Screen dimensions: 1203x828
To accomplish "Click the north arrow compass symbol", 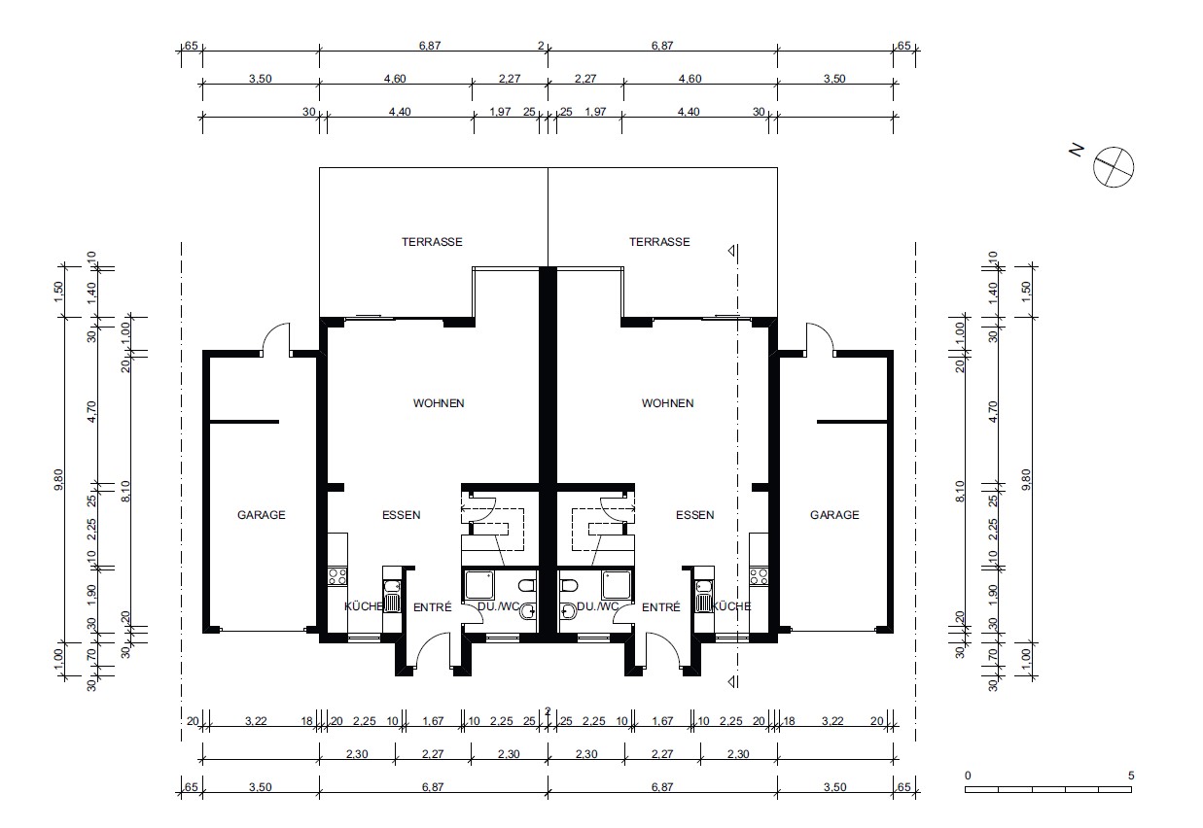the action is point(1114,167).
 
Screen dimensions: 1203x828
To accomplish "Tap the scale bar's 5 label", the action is point(1131,776).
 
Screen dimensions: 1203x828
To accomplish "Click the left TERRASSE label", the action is point(432,242).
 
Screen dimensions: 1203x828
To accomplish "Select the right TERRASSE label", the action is point(659,242).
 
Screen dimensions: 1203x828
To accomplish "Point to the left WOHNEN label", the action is point(439,403).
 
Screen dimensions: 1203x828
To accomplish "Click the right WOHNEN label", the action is point(667,403).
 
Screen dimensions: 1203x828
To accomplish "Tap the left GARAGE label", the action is point(261,515).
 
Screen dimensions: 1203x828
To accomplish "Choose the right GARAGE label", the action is point(834,515).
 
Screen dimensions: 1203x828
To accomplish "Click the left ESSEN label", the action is point(402,515).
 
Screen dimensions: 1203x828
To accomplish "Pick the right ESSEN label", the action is point(695,515).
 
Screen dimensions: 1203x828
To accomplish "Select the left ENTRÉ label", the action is point(433,607).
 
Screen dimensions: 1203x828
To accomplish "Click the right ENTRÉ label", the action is point(661,607).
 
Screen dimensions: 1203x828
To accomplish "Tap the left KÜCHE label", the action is point(364,606).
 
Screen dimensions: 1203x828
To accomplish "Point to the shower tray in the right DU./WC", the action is point(616,585).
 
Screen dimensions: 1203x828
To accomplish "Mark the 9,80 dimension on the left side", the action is point(58,479).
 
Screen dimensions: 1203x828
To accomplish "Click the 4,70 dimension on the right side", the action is point(993,412).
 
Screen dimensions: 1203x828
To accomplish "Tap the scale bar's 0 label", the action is point(968,776).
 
